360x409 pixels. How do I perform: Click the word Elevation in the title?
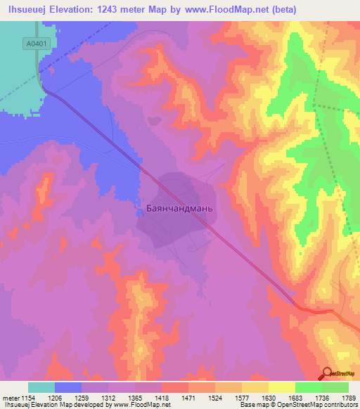[x=80, y=10]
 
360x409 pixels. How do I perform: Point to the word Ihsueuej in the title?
[x=27, y=10]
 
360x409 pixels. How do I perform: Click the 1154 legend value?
[x=28, y=397]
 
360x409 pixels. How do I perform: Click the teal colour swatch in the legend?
[x=41, y=387]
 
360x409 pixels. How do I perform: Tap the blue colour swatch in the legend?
[x=68, y=387]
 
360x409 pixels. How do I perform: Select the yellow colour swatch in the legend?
[x=282, y=387]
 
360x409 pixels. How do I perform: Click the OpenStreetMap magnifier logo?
[x=327, y=374]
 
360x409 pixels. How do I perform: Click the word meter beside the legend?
[x=9, y=397]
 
